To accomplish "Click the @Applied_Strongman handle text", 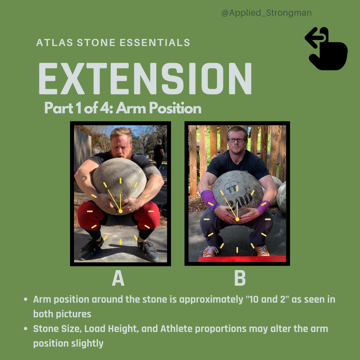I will tap(266, 13).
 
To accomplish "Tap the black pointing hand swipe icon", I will tap(327, 49).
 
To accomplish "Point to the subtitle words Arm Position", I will tap(159, 108).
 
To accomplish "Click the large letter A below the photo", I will tap(118, 278).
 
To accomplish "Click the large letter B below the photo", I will tap(240, 278).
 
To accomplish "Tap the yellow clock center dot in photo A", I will tap(120, 211).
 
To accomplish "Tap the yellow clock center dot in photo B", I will tap(237, 219).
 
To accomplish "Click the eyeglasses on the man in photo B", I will tap(236, 140).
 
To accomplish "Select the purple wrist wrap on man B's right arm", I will tap(209, 199).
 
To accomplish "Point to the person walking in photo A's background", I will tap(159, 153).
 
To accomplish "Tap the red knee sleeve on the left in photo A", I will tap(89, 215).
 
